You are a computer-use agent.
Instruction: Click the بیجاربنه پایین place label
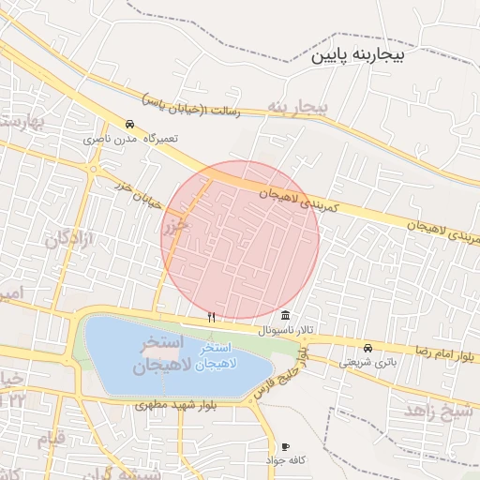[x=360, y=56]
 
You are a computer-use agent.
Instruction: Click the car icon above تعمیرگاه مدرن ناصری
[x=129, y=124]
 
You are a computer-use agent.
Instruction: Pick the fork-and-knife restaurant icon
[x=211, y=317]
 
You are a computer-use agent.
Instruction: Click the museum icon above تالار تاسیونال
[x=285, y=315]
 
